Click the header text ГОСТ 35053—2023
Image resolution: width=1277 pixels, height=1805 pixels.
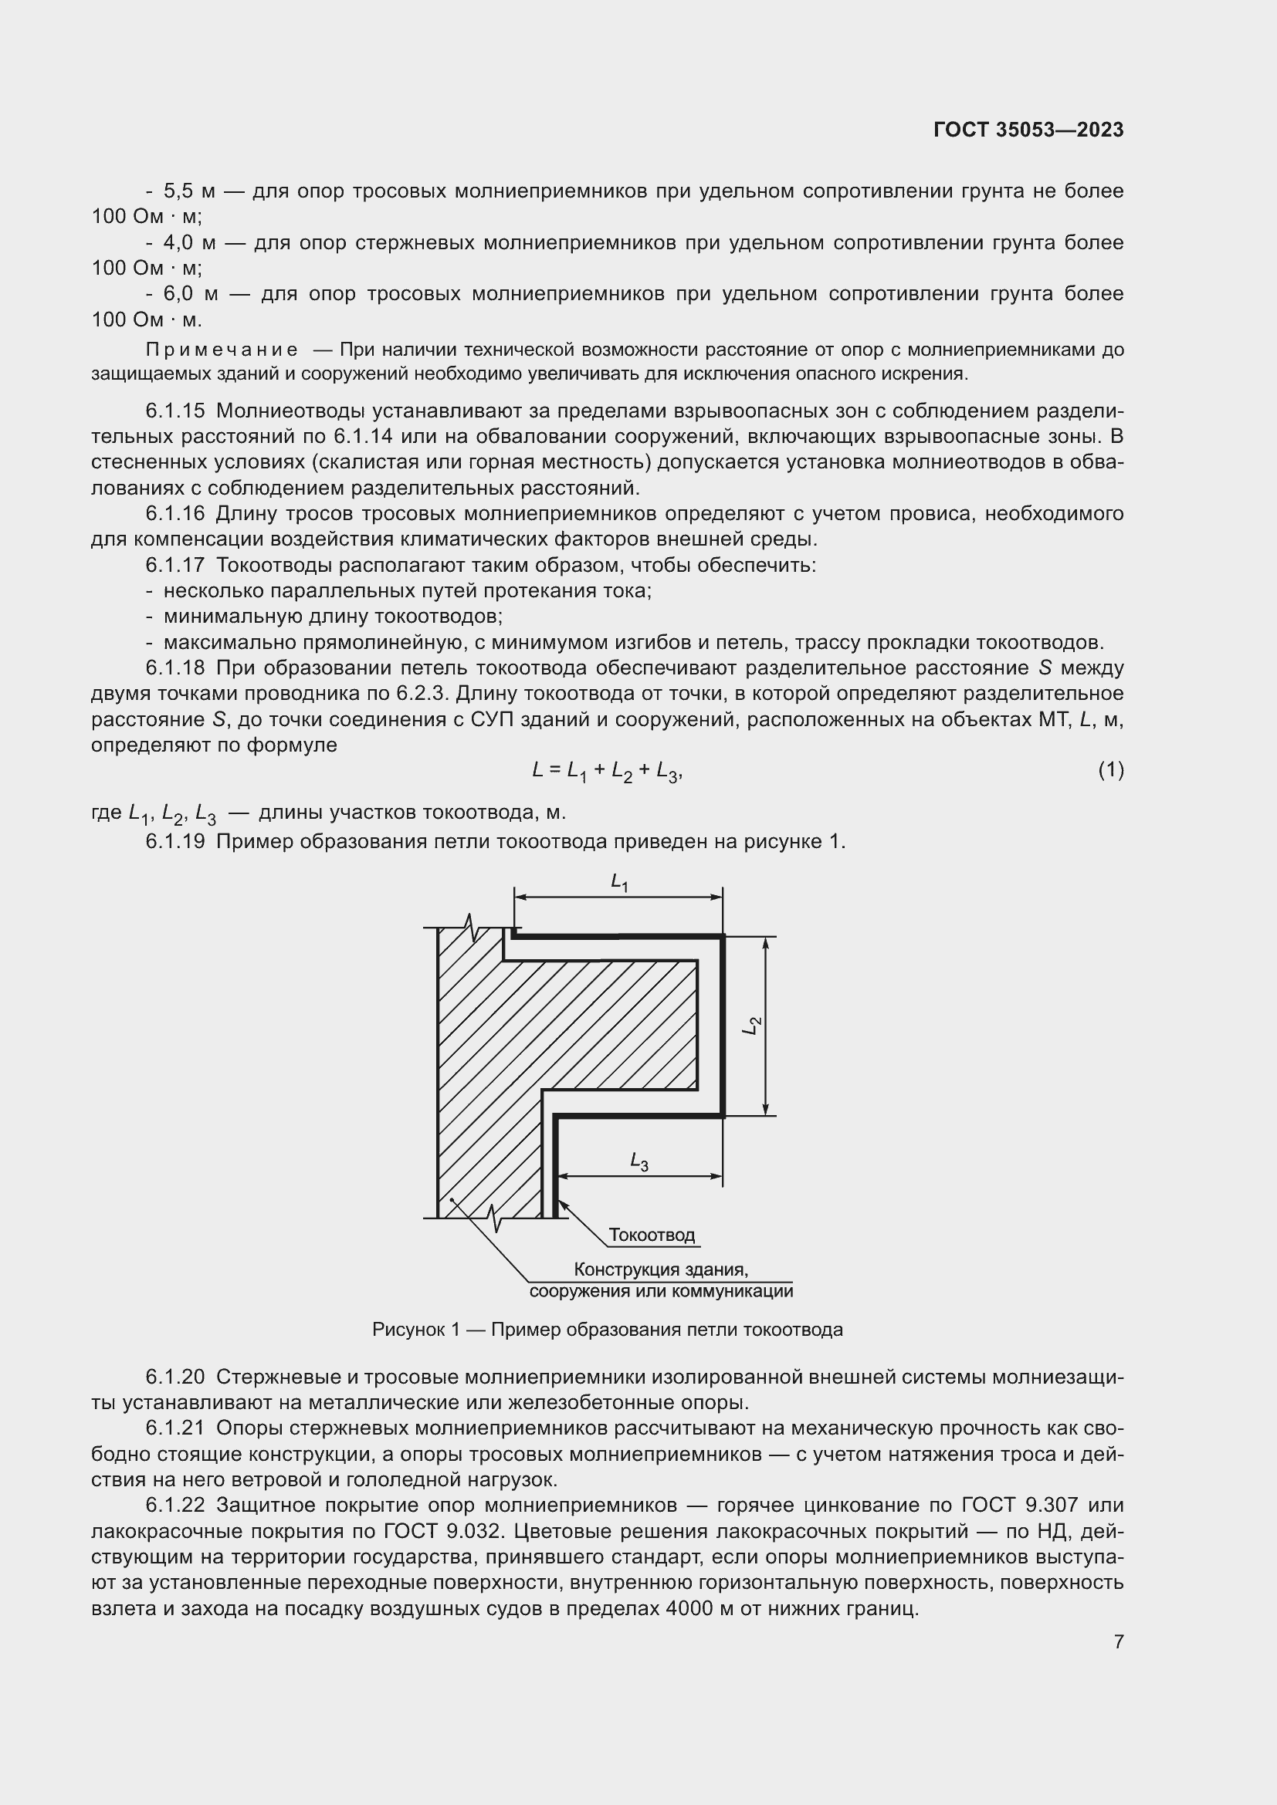(1028, 130)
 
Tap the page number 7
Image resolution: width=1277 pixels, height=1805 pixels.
(1118, 1641)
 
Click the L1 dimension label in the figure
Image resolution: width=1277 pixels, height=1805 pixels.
(620, 883)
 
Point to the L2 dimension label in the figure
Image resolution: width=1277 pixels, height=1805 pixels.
(753, 1025)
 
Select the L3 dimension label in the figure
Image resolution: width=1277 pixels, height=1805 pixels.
(638, 1161)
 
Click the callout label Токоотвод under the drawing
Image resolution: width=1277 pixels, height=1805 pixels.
(652, 1235)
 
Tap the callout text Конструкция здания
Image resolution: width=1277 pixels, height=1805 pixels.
(661, 1269)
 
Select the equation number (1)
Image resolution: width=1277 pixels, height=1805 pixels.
(1110, 770)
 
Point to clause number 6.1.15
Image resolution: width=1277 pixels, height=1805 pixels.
(175, 411)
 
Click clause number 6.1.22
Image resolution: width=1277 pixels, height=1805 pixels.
(175, 1505)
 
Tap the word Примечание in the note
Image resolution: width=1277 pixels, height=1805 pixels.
(222, 350)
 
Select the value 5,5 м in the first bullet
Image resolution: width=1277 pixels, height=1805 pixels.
(188, 191)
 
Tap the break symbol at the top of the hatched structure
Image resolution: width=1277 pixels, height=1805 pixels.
(472, 927)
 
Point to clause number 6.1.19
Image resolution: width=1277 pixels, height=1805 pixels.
(175, 842)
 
